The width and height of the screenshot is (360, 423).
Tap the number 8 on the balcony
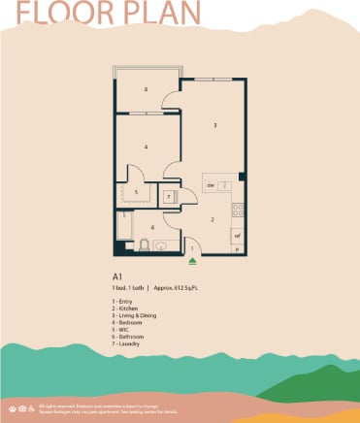coord(146,90)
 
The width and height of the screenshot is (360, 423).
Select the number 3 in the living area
coord(213,124)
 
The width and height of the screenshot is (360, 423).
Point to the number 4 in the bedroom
coord(146,146)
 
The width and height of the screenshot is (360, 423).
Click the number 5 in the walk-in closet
coord(137,193)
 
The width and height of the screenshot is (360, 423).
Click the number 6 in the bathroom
coord(152,227)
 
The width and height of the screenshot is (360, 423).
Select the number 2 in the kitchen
coord(213,219)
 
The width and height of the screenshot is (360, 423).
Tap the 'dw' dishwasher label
coord(210,184)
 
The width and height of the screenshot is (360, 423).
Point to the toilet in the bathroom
coord(145,244)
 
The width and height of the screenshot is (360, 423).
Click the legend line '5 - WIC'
coord(122,330)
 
